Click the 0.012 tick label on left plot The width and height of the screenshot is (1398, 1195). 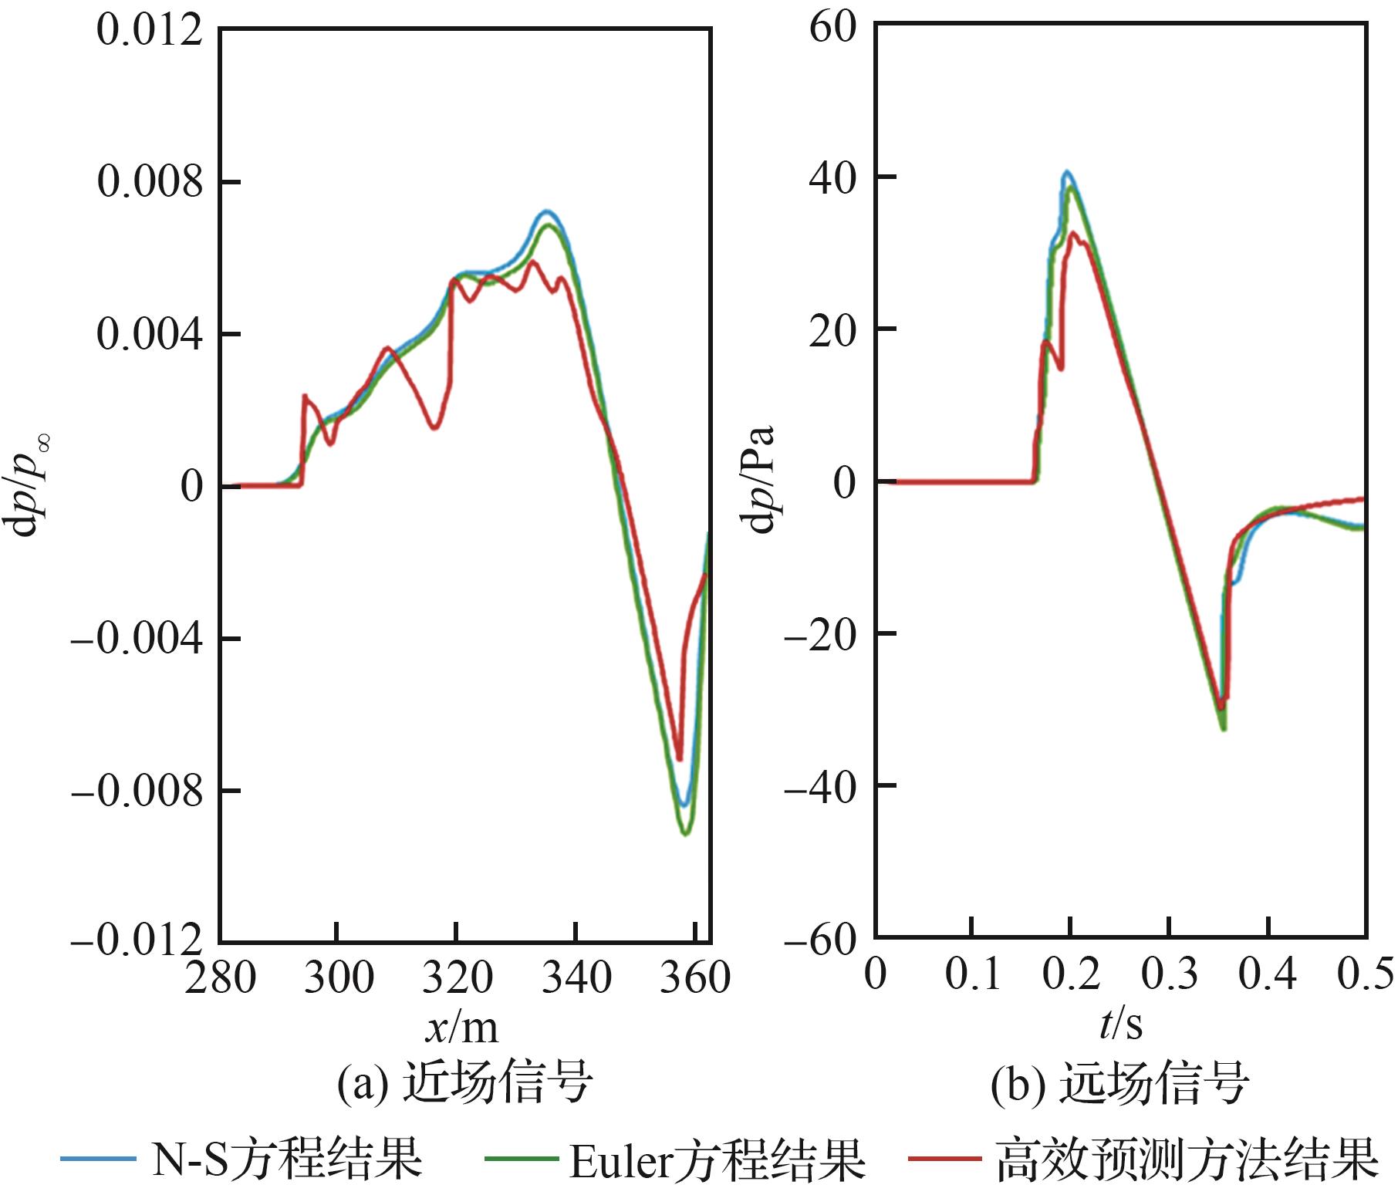coord(150,32)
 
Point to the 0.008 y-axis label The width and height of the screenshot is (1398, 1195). coord(150,184)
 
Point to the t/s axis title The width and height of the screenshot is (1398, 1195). coord(1120,1026)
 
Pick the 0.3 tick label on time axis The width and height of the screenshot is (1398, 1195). coord(1169,974)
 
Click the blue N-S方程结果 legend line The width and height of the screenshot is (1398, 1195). coord(96,1159)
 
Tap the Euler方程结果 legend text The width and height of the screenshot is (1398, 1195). coord(717,1160)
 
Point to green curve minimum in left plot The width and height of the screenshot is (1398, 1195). coord(686,833)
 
